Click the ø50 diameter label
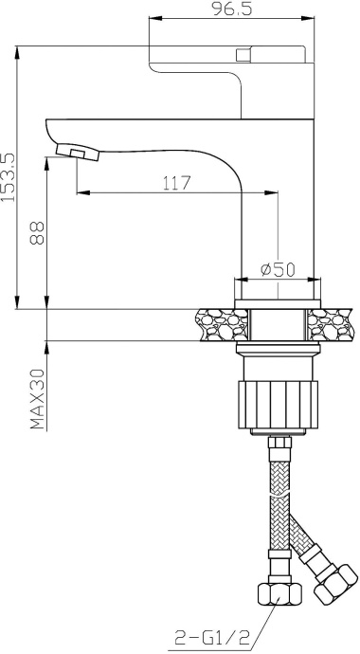coord(276,268)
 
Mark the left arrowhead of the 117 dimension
coord(81,193)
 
